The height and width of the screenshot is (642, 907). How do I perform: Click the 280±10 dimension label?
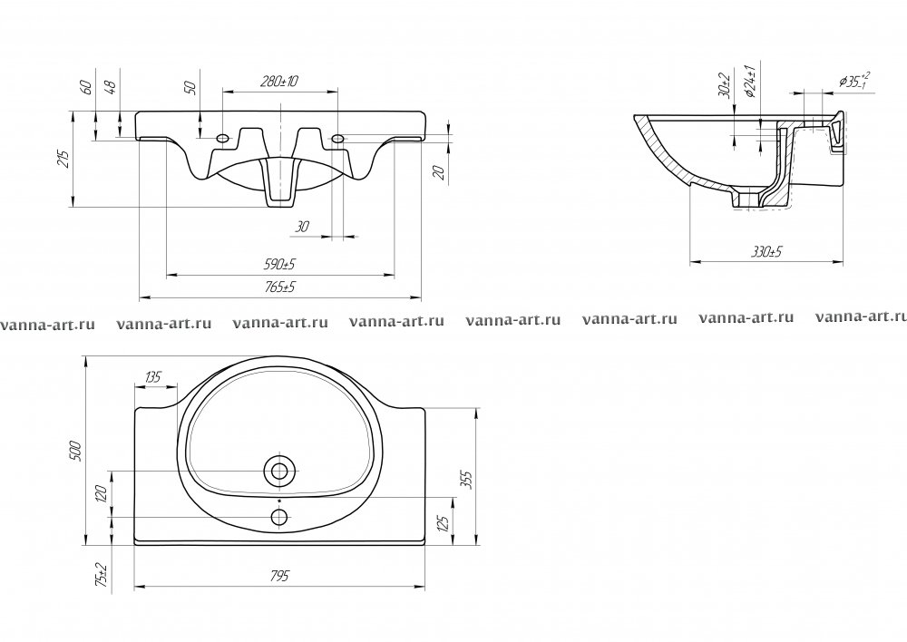[x=279, y=82]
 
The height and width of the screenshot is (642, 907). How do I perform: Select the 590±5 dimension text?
[x=280, y=264]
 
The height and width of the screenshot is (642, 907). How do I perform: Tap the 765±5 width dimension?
[x=280, y=287]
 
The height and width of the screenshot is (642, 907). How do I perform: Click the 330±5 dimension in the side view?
[x=767, y=254]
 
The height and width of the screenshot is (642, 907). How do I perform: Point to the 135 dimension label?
[x=153, y=377]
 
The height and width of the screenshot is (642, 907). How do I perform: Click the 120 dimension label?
[x=102, y=494]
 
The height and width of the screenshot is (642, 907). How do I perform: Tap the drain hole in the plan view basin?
[x=279, y=471]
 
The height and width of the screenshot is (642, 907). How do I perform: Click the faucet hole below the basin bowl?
[x=279, y=517]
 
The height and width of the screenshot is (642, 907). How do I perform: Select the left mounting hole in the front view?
[x=222, y=139]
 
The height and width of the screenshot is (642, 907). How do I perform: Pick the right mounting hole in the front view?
[x=337, y=139]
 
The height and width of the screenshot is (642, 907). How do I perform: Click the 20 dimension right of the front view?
[x=437, y=173]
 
